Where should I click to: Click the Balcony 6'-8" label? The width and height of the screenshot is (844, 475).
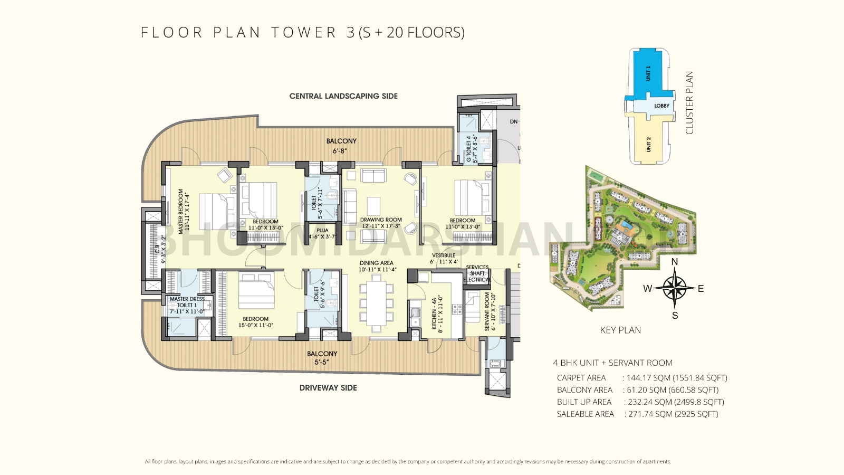(x=341, y=146)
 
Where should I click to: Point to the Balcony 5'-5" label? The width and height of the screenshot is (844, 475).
(x=322, y=358)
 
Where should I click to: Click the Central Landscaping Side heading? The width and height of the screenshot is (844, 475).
(x=343, y=96)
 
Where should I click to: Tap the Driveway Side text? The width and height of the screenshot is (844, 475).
(x=328, y=387)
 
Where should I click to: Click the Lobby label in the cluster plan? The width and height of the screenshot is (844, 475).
(x=661, y=106)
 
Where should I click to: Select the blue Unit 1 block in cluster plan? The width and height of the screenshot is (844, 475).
(x=648, y=74)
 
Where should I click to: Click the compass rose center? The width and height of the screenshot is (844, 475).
(x=674, y=288)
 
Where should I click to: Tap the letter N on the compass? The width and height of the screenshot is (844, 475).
(x=674, y=262)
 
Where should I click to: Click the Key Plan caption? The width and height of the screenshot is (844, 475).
(x=620, y=330)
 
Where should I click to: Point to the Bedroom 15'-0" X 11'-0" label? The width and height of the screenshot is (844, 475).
(x=256, y=322)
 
